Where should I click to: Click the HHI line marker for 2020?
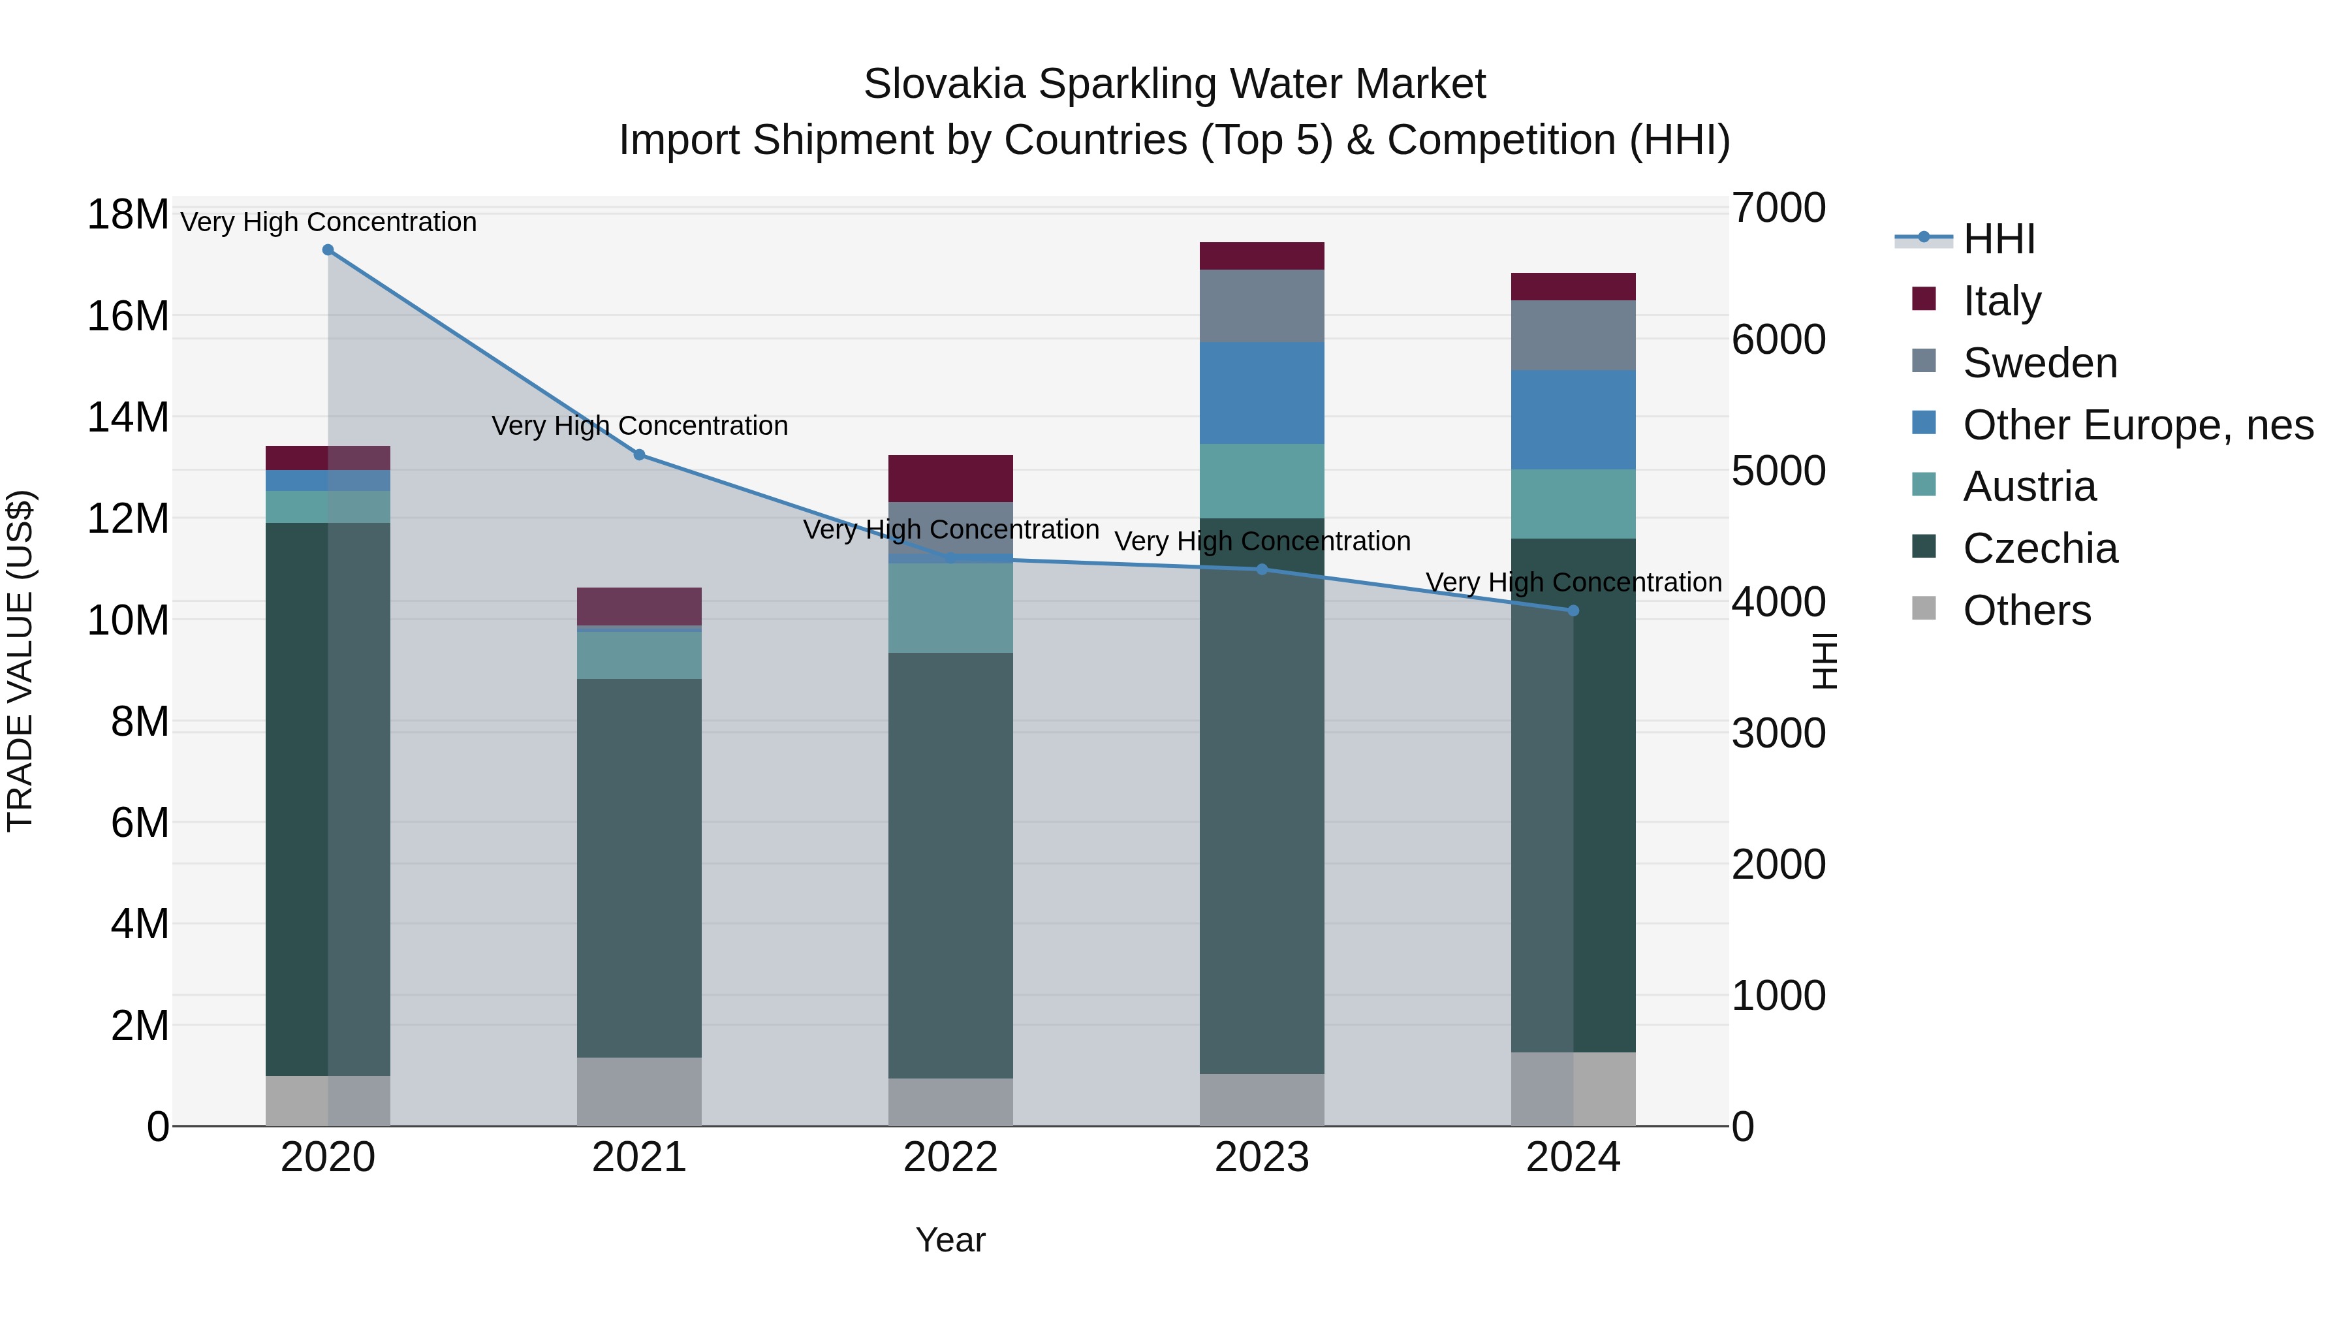click(x=328, y=250)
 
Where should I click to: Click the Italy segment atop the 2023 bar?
click(x=1262, y=257)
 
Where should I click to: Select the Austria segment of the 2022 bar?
click(x=950, y=608)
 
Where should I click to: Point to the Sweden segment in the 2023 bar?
click(x=1262, y=306)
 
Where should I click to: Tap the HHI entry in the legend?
click(x=1998, y=239)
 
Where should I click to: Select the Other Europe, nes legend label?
click(x=2137, y=425)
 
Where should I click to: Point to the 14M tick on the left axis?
click(x=128, y=418)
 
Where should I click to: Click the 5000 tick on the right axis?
click(x=1778, y=471)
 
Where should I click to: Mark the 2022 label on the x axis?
click(x=950, y=1157)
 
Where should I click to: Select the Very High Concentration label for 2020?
click(x=328, y=222)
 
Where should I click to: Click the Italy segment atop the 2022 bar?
click(x=950, y=478)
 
